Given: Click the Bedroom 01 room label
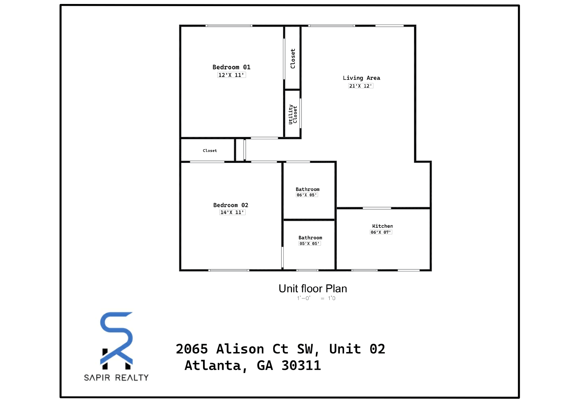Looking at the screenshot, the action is (x=231, y=67).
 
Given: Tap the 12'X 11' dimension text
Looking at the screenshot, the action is (x=231, y=75).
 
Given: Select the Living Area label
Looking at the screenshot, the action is (x=362, y=78).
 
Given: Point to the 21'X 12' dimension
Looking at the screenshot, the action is (x=360, y=86).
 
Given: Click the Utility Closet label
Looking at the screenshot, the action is (x=293, y=114).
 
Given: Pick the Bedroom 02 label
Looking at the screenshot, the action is (x=231, y=205).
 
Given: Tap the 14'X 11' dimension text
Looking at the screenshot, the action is (x=232, y=212).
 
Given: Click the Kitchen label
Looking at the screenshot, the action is (x=382, y=226).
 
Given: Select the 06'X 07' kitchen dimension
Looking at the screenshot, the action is (x=381, y=232).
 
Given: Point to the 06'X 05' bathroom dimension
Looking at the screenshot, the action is (x=307, y=195).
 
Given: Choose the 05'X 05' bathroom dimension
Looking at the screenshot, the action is (x=310, y=244).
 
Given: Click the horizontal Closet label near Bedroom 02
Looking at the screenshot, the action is (x=210, y=151).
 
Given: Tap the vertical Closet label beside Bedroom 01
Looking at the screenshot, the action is (x=293, y=59).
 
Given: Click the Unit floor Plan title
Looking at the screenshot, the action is (x=313, y=289).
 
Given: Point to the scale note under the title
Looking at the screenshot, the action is (x=316, y=298).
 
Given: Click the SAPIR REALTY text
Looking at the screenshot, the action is (x=116, y=378).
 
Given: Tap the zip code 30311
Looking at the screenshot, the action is (x=301, y=365).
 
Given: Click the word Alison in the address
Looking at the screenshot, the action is (x=240, y=349).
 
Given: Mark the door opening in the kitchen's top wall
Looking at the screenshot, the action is (x=377, y=208).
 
